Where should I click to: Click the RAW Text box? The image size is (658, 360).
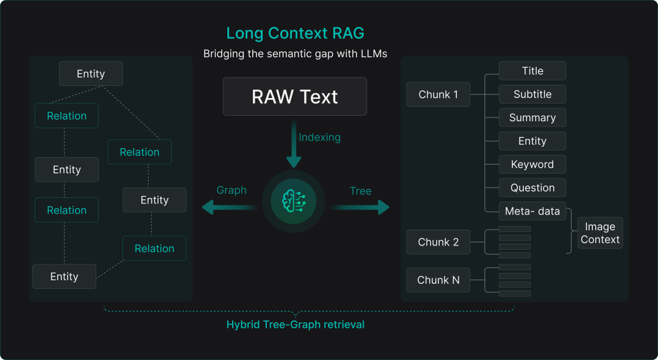tap(295, 96)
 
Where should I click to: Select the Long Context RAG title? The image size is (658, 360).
tap(295, 33)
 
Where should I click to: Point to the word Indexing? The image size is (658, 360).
tap(319, 137)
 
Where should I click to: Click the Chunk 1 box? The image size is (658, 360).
tap(438, 94)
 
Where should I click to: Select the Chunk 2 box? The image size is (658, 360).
tap(438, 242)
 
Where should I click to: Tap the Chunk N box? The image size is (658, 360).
tap(438, 280)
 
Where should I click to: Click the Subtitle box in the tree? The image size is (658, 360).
tap(532, 94)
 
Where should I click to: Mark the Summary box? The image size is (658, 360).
tap(532, 118)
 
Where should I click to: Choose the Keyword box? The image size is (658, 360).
tap(532, 164)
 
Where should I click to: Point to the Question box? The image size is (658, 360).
tap(532, 188)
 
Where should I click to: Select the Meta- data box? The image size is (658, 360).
tap(532, 211)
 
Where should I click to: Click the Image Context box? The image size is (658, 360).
tap(600, 233)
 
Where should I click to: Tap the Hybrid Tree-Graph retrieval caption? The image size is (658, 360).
tap(295, 325)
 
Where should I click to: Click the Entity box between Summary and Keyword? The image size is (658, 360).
tap(532, 141)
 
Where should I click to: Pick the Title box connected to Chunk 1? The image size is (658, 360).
tap(532, 71)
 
